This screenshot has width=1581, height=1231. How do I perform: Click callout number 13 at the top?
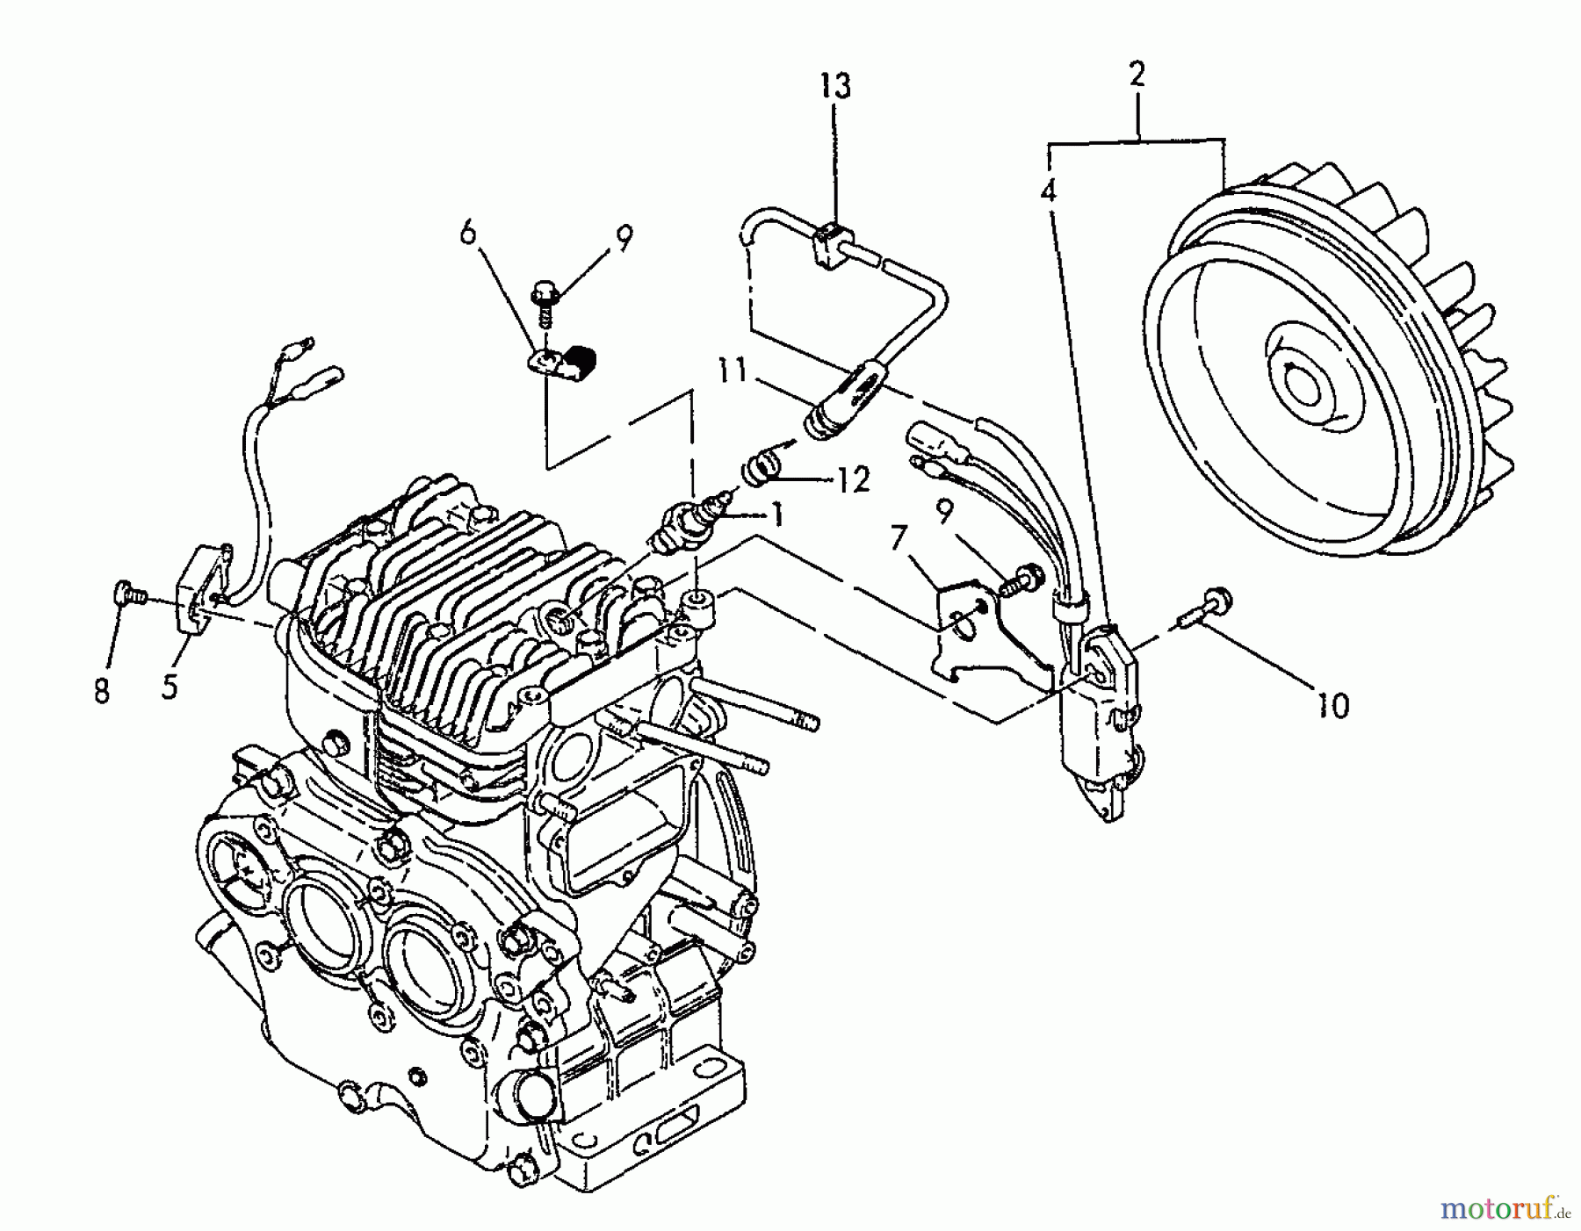point(836,87)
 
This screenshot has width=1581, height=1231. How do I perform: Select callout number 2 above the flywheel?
point(1137,76)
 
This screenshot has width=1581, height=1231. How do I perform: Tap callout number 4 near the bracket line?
point(1049,191)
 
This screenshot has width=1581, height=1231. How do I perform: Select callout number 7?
point(898,537)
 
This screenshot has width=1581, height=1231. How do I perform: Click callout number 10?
point(1332,705)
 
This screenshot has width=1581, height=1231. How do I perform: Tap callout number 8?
point(103,691)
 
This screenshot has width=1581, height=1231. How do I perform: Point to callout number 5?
point(170,686)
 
